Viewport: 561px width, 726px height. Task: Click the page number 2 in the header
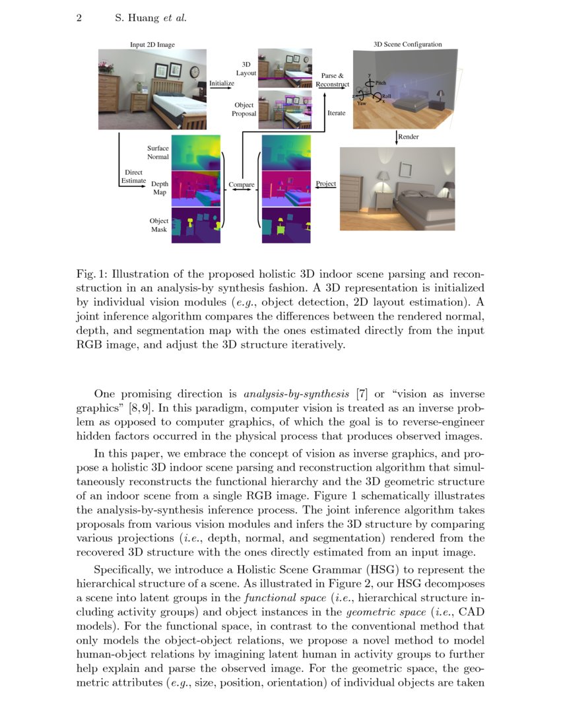pyautogui.click(x=79, y=18)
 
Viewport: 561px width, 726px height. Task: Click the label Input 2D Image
pyautogui.click(x=152, y=45)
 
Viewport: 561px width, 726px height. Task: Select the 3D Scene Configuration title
pyautogui.click(x=408, y=45)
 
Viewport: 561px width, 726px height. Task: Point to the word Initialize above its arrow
pyautogui.click(x=221, y=83)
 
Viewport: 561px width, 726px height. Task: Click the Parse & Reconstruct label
pyautogui.click(x=333, y=80)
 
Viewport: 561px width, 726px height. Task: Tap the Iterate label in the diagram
pyautogui.click(x=337, y=113)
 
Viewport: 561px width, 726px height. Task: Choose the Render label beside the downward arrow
pyautogui.click(x=409, y=137)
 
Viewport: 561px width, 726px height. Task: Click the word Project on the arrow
pyautogui.click(x=326, y=183)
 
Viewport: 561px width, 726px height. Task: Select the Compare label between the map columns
pyautogui.click(x=242, y=185)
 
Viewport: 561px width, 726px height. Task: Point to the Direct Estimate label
pyautogui.click(x=133, y=176)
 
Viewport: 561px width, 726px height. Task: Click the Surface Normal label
pyautogui.click(x=158, y=152)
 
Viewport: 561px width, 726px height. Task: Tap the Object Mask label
pyautogui.click(x=158, y=225)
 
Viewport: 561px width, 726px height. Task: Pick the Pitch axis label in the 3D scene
pyautogui.click(x=381, y=82)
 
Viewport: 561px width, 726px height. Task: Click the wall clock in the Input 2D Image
pyautogui.click(x=195, y=71)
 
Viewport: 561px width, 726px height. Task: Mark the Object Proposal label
pyautogui.click(x=244, y=109)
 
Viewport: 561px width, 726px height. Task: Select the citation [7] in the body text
pyautogui.click(x=361, y=395)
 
